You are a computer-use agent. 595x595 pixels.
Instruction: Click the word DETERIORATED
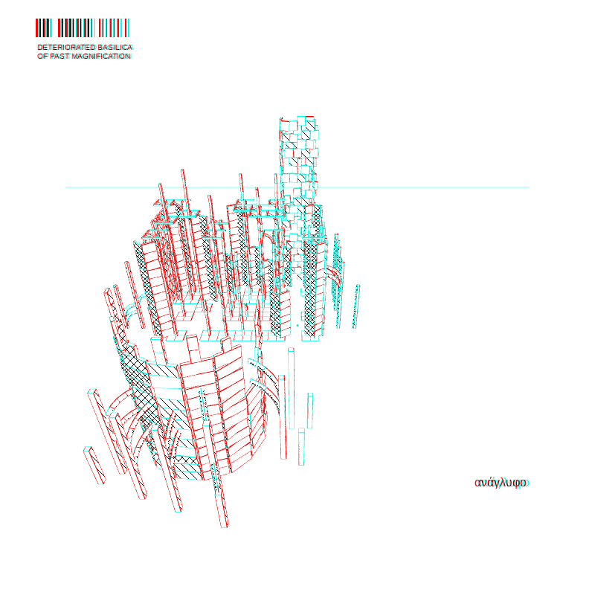(66, 48)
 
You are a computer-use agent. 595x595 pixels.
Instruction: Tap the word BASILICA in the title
(115, 48)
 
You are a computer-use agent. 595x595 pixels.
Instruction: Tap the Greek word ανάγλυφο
(501, 483)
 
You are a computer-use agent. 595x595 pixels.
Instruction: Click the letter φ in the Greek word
(516, 483)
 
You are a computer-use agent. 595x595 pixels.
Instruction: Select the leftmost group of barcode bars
(44, 28)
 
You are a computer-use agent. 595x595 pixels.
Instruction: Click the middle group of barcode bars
(76, 28)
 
